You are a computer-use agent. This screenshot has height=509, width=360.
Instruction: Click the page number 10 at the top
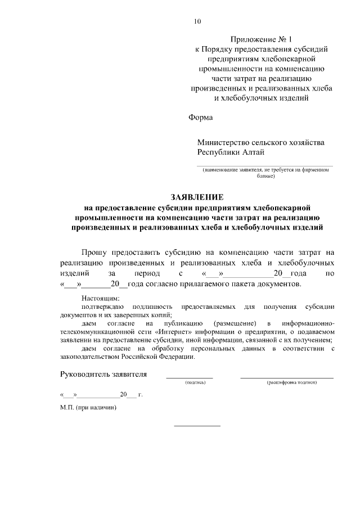click(x=197, y=22)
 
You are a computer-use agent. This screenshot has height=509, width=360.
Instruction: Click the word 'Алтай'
click(x=253, y=152)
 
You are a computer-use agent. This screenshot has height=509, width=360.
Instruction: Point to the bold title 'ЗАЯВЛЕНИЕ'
click(x=197, y=197)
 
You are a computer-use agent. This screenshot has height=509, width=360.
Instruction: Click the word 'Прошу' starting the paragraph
click(x=96, y=253)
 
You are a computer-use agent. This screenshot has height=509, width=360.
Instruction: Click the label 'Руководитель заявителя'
click(x=103, y=375)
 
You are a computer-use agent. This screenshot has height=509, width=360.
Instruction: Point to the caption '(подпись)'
click(x=195, y=383)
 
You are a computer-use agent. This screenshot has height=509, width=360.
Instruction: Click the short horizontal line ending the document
click(x=197, y=426)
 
